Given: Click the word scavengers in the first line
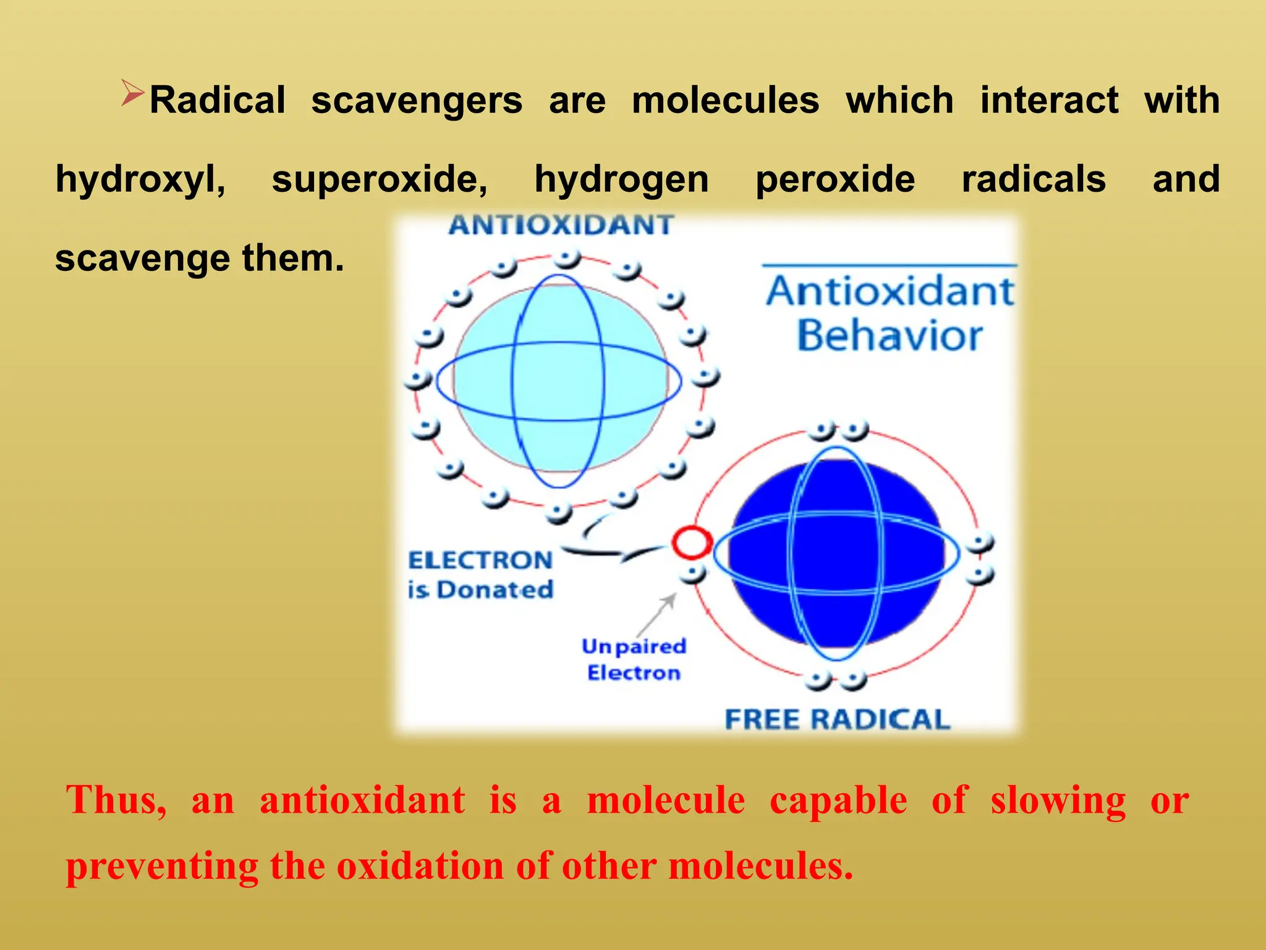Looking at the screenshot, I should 417,101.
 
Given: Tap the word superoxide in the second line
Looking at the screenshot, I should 380,179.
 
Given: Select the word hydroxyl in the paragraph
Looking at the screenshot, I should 140,181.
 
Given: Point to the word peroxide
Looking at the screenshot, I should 835,179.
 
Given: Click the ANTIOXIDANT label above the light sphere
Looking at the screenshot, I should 561,225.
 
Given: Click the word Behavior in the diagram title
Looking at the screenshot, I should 889,336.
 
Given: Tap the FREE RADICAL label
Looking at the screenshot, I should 837,720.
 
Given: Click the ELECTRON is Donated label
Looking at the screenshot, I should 480,575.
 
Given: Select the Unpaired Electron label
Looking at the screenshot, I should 634,659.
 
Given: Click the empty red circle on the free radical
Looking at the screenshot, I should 692,542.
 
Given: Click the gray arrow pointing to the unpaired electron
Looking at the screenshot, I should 657,613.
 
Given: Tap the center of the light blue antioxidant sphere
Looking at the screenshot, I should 559,381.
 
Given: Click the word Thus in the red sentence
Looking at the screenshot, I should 116,800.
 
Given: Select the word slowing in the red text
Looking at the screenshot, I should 1058,800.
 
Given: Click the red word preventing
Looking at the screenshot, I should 162,867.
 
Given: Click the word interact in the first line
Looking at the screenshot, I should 1049,101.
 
